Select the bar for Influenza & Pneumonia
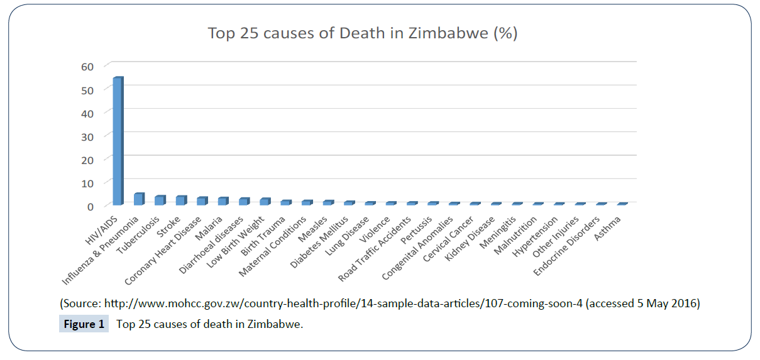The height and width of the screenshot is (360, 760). pyautogui.click(x=138, y=199)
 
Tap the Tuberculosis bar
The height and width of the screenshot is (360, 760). pyautogui.click(x=160, y=200)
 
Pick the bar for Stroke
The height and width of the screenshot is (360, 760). pyautogui.click(x=180, y=200)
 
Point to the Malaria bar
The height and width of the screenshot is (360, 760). pyautogui.click(x=223, y=201)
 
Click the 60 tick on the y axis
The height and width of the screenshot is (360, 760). pyautogui.click(x=87, y=67)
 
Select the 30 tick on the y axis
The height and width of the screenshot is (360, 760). pyautogui.click(x=87, y=136)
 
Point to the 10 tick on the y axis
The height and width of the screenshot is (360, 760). pyautogui.click(x=87, y=183)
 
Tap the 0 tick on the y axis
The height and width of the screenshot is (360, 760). pyautogui.click(x=90, y=206)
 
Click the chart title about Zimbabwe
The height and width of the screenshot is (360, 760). pyautogui.click(x=363, y=33)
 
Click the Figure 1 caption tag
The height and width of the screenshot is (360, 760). pyautogui.click(x=83, y=325)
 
